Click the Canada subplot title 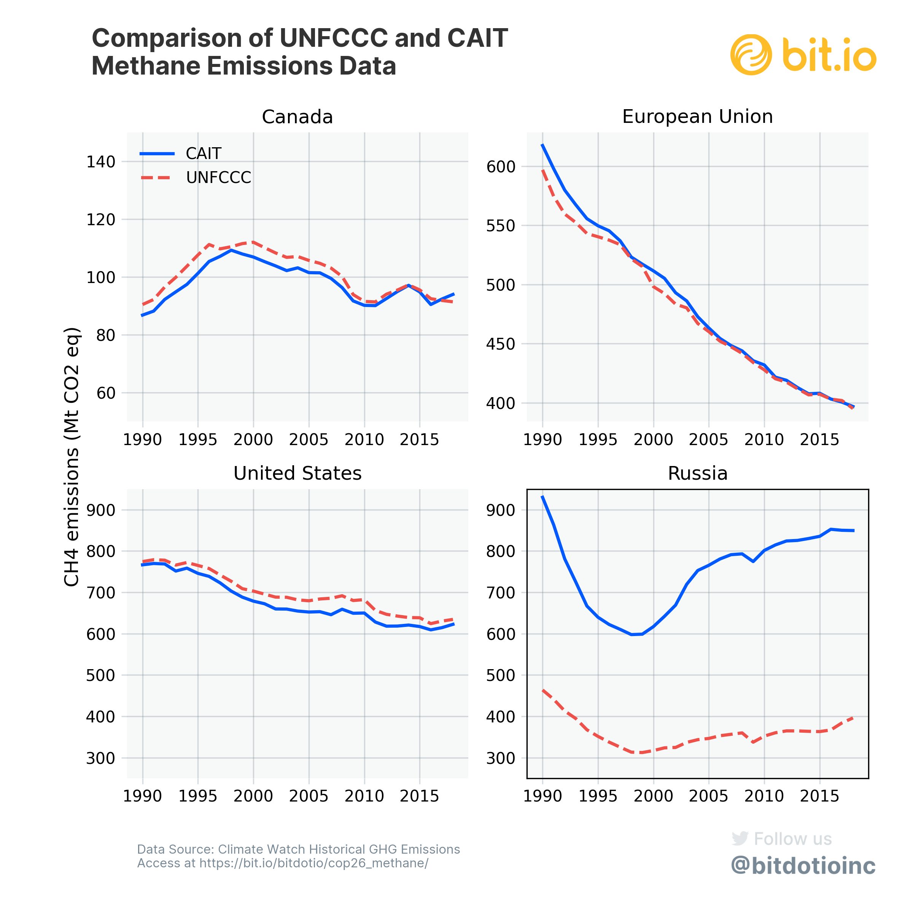click(297, 117)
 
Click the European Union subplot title click(698, 117)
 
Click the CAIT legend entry click(203, 154)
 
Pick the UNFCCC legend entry click(218, 178)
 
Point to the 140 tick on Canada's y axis click(101, 162)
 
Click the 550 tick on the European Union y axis click(501, 226)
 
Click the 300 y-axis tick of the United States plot click(101, 759)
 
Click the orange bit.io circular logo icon click(751, 55)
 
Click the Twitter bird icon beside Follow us click(740, 838)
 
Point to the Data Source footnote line click(298, 849)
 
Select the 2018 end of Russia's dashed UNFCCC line click(853, 717)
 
